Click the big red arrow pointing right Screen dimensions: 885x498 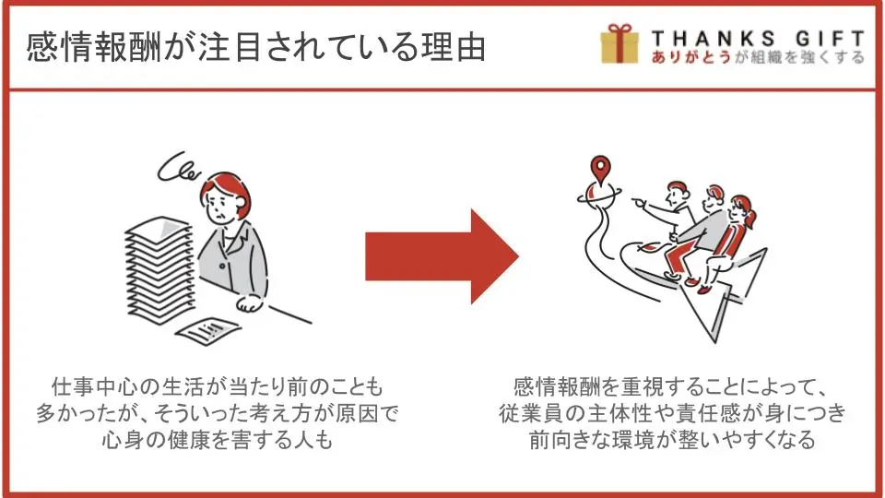pos(442,256)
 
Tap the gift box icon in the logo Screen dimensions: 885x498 pos(619,43)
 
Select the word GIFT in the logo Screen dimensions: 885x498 pos(831,39)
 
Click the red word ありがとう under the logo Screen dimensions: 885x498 pos(690,57)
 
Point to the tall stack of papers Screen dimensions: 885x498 pos(160,270)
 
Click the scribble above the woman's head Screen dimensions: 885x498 pos(178,167)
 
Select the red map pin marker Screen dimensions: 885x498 pos(600,169)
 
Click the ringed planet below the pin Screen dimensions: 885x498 pos(599,195)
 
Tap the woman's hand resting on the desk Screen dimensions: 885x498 pos(249,303)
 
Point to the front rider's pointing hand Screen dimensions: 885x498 pos(637,201)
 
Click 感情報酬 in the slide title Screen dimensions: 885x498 pos(94,47)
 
